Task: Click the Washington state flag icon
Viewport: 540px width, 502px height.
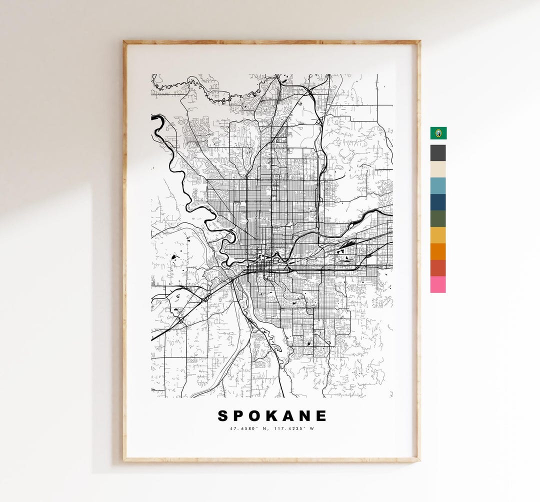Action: point(438,133)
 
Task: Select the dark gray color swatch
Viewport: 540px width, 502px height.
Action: point(438,152)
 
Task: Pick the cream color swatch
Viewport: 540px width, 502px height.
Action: point(438,169)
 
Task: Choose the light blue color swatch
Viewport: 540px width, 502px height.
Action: point(438,185)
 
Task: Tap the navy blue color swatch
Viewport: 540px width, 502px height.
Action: point(438,202)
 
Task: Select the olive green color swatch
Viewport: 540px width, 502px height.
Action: point(438,218)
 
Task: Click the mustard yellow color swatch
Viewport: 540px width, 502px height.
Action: point(438,235)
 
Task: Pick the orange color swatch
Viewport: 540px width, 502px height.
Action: point(438,251)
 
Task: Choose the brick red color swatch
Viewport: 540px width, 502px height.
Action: point(438,268)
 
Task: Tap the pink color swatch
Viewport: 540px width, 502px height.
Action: point(438,284)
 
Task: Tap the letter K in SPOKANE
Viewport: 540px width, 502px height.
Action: point(272,416)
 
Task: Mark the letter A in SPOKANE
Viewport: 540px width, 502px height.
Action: point(289,416)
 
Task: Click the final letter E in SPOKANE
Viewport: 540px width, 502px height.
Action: point(321,416)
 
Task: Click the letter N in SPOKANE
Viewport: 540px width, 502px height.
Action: point(305,416)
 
